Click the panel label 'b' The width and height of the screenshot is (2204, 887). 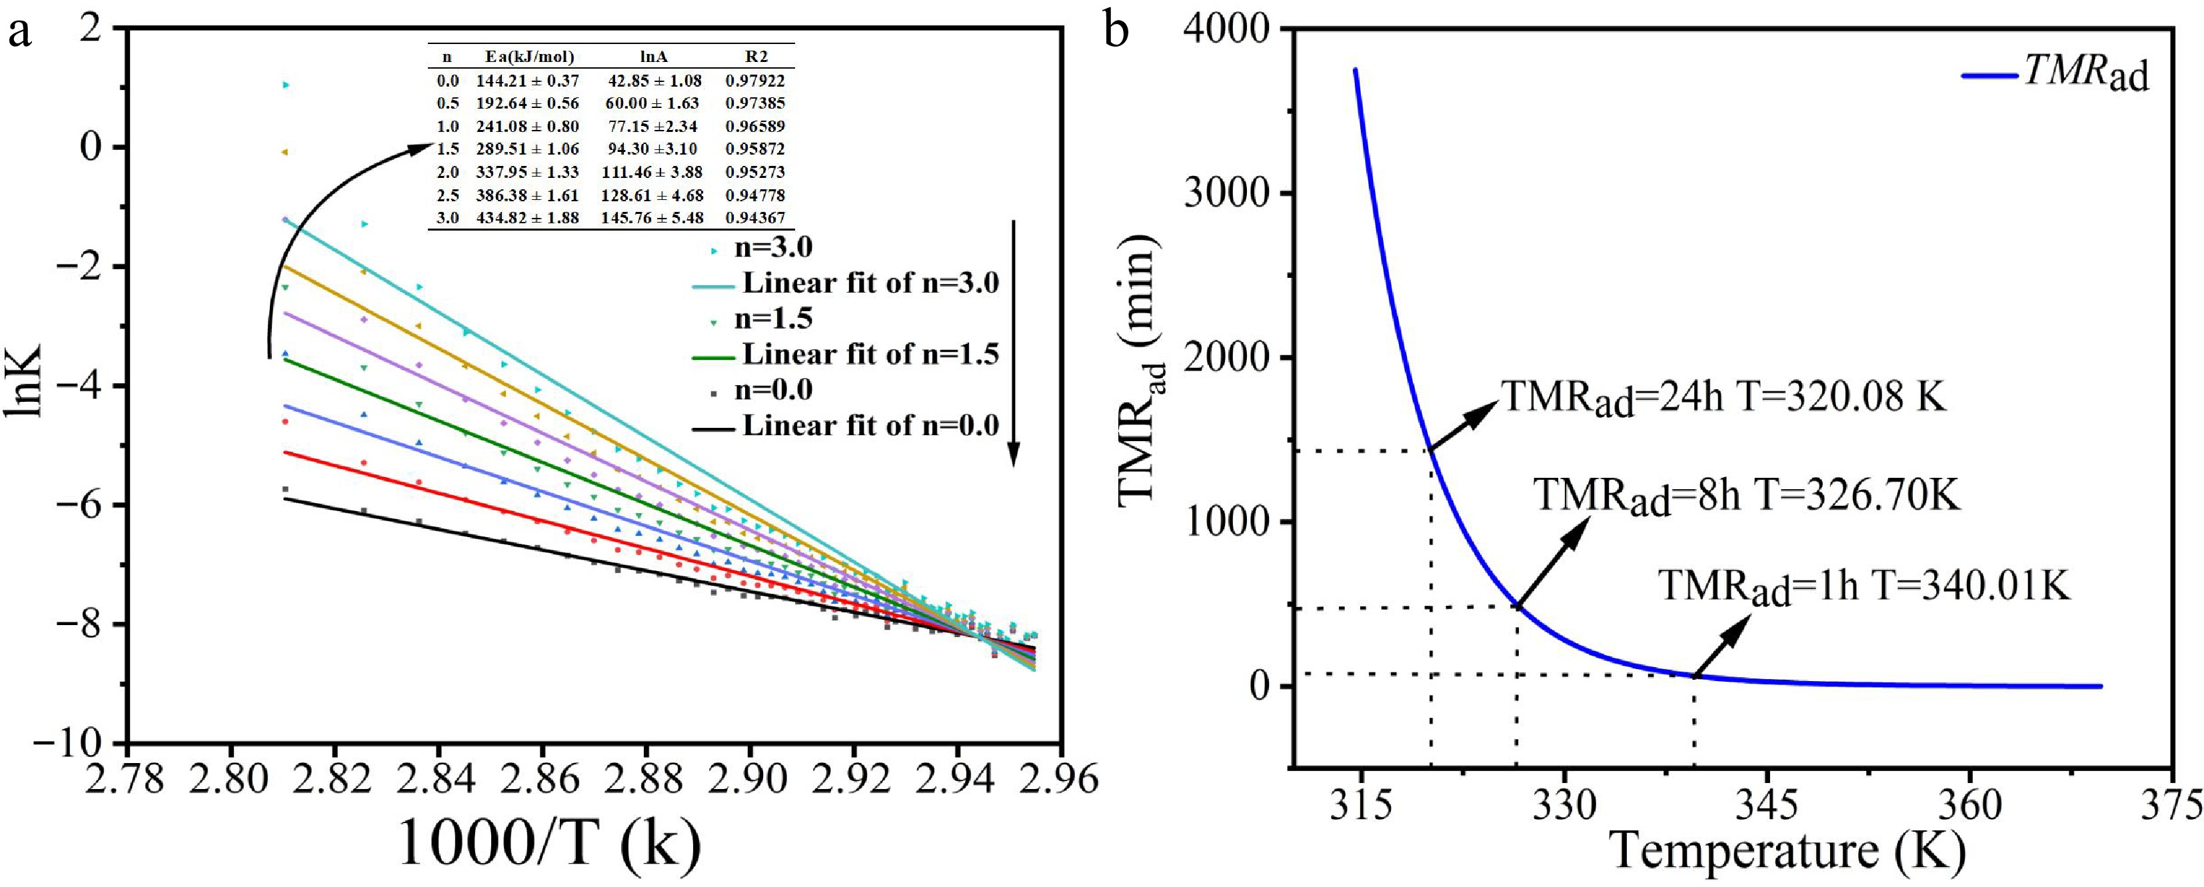pyautogui.click(x=1116, y=33)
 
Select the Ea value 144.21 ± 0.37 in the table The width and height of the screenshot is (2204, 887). pyautogui.click(x=527, y=81)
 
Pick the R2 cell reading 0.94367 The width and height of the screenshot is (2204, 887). pyautogui.click(x=754, y=218)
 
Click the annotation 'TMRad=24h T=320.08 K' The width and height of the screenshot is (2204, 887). pyautogui.click(x=1725, y=399)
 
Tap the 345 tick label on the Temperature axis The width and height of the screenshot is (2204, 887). pyautogui.click(x=1767, y=806)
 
